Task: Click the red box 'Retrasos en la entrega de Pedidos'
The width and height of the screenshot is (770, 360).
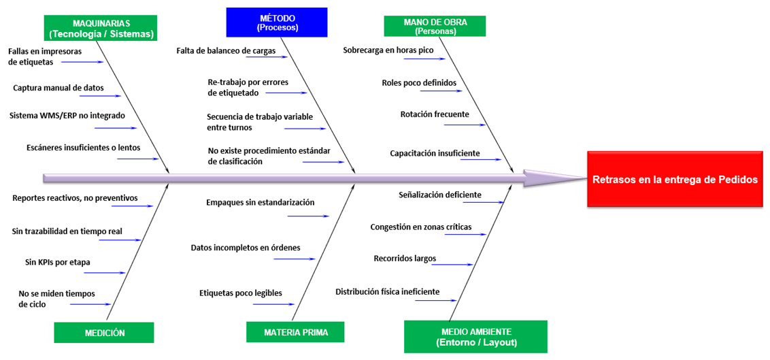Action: tap(674, 180)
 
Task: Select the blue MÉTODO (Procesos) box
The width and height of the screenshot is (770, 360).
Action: tap(277, 22)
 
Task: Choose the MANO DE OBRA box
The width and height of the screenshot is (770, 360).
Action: tap(435, 26)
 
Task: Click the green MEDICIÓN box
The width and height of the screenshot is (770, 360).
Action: tap(105, 333)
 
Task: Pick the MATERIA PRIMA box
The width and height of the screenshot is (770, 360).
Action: tap(296, 333)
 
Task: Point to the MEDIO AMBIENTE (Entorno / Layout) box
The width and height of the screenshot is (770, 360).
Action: tap(475, 337)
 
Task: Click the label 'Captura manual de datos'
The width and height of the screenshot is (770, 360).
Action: tap(58, 88)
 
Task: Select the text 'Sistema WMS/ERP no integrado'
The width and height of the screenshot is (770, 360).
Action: tap(67, 116)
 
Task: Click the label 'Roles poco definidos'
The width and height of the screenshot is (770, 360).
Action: tap(419, 83)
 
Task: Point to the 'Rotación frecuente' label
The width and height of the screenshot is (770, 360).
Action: tap(435, 114)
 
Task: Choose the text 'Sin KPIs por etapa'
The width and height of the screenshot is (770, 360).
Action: tap(58, 261)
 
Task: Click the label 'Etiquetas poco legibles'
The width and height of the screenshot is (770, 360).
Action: tap(241, 293)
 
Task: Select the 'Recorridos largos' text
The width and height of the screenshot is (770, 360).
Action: tap(405, 259)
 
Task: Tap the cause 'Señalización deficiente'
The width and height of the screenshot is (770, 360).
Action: tap(440, 195)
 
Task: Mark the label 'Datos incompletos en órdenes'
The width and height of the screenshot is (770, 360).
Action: tap(246, 248)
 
